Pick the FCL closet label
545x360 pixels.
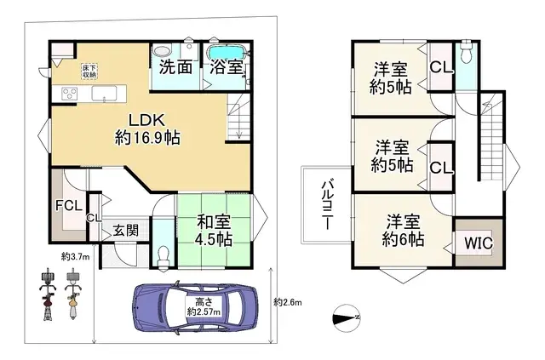coord(67,206)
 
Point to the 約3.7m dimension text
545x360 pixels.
coord(77,255)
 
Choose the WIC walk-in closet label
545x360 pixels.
coord(478,243)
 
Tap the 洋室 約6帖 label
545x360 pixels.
coord(401,230)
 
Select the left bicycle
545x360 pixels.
coord(47,293)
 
